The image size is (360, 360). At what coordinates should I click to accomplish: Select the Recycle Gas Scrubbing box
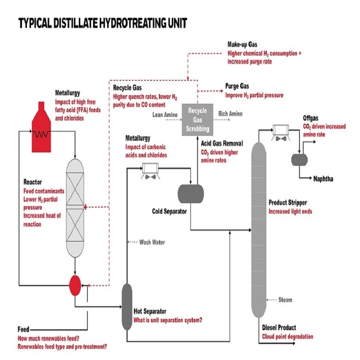pyautogui.click(x=197, y=120)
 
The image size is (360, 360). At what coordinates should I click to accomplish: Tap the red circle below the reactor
pyautogui.click(x=75, y=285)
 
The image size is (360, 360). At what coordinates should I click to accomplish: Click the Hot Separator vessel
pyautogui.click(x=127, y=307)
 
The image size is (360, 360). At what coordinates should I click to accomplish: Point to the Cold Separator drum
pyautogui.click(x=190, y=193)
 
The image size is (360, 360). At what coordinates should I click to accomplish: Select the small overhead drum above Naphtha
pyautogui.click(x=299, y=159)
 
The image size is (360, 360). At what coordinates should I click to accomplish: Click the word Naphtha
pyautogui.click(x=323, y=179)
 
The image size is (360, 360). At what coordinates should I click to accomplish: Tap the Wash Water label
pyautogui.click(x=152, y=242)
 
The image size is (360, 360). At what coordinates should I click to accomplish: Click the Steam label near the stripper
pyautogui.click(x=285, y=300)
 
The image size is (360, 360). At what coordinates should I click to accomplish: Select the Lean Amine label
pyautogui.click(x=165, y=115)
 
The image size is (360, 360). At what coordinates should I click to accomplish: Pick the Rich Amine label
pyautogui.click(x=230, y=114)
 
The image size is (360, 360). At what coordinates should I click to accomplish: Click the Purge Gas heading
pyautogui.click(x=237, y=86)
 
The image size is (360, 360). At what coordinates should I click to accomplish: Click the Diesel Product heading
pyautogui.click(x=279, y=328)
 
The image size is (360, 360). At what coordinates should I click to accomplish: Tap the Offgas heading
pyautogui.click(x=312, y=118)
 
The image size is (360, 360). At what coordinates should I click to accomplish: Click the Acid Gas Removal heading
pyautogui.click(x=222, y=143)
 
